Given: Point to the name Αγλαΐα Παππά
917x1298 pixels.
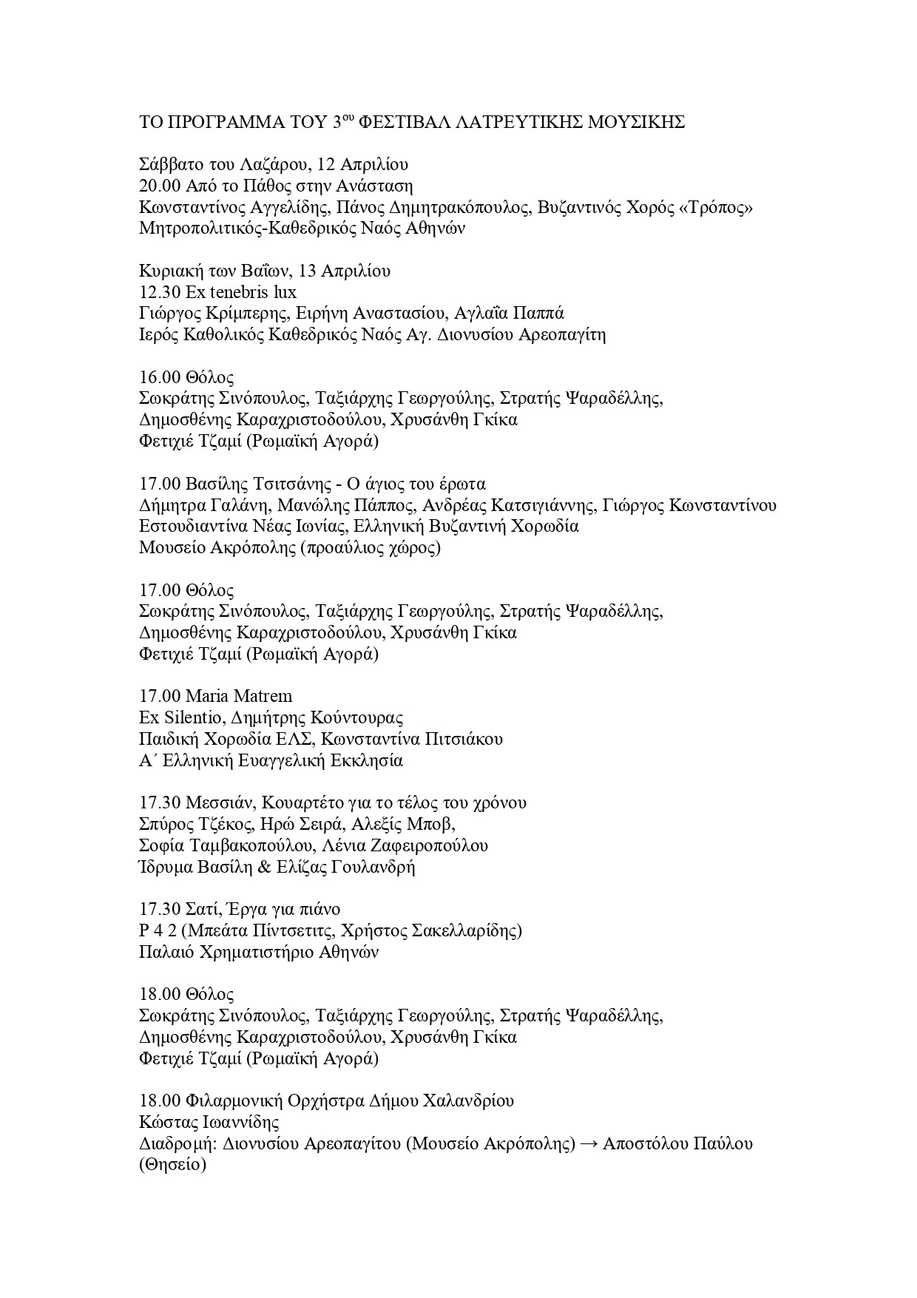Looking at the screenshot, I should [x=510, y=314].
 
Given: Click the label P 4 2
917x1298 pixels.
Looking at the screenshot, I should [x=156, y=930].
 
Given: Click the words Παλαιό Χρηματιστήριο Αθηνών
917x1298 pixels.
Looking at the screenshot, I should [x=258, y=952].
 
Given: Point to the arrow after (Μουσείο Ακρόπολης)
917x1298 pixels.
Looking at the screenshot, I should [x=589, y=1143].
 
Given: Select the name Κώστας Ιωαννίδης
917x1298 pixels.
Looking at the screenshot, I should [x=209, y=1122].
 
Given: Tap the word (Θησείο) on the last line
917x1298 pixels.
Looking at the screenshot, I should [x=172, y=1166].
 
